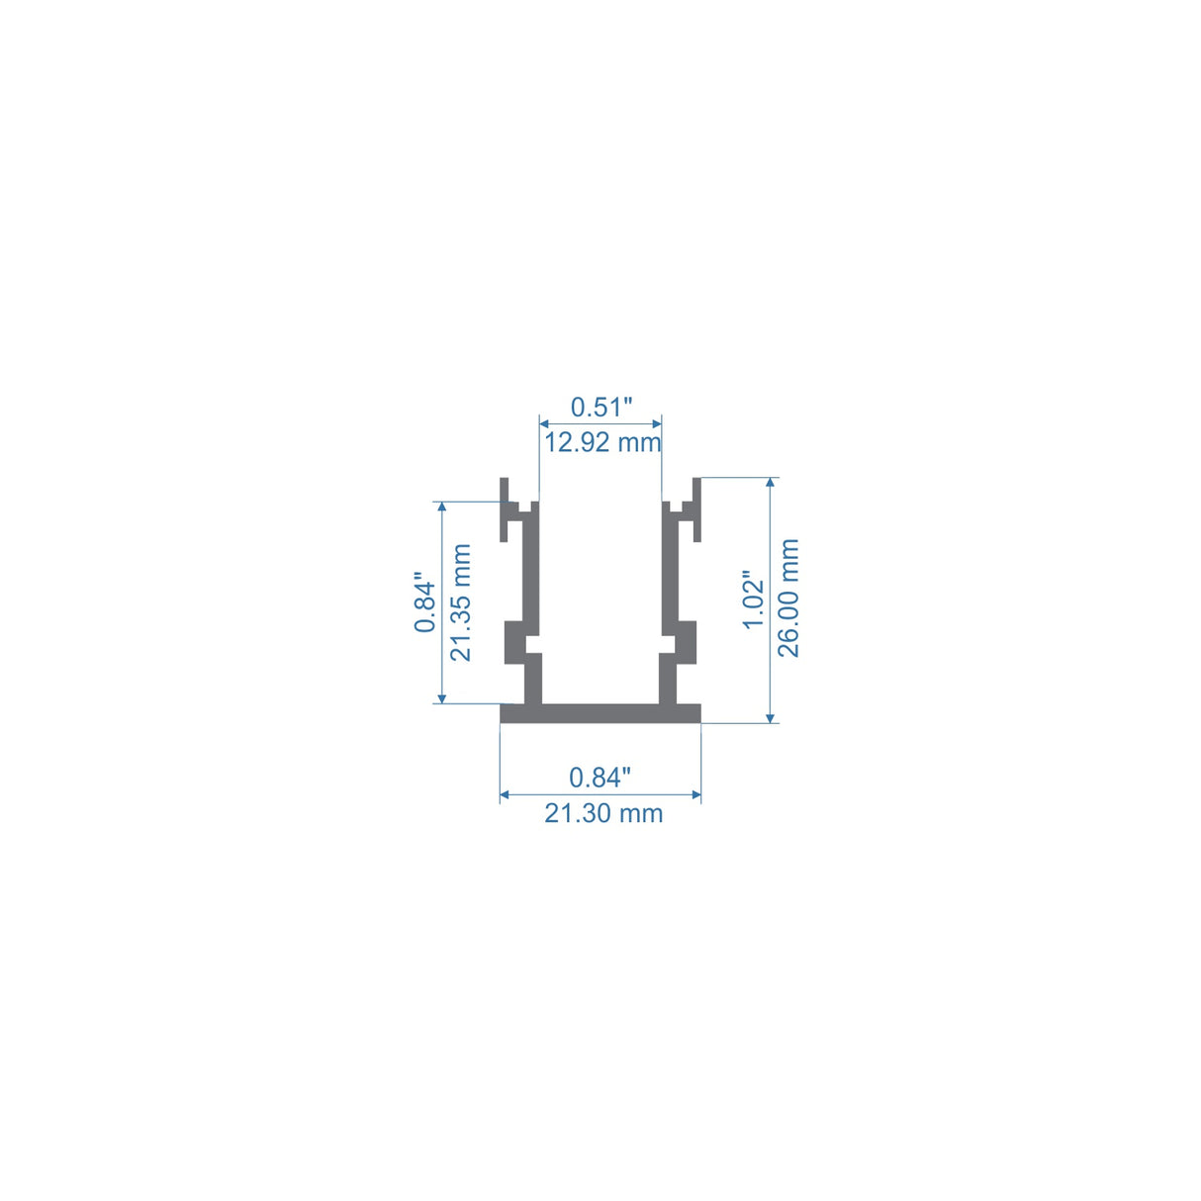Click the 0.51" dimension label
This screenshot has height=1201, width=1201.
pyautogui.click(x=600, y=407)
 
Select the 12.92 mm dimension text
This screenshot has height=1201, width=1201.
pyautogui.click(x=601, y=442)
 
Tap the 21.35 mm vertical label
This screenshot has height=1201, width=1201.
pyautogui.click(x=461, y=602)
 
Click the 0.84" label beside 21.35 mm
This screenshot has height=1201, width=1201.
pyautogui.click(x=425, y=602)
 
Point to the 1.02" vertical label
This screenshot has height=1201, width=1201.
pyautogui.click(x=754, y=600)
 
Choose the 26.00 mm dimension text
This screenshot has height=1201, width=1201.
pyautogui.click(x=788, y=599)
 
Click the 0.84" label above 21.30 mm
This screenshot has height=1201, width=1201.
pyautogui.click(x=600, y=778)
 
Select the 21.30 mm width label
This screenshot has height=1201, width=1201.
pyautogui.click(x=603, y=814)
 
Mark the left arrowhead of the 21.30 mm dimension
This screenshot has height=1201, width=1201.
pyautogui.click(x=506, y=794)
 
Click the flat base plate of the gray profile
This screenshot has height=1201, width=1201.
pyautogui.click(x=600, y=713)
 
